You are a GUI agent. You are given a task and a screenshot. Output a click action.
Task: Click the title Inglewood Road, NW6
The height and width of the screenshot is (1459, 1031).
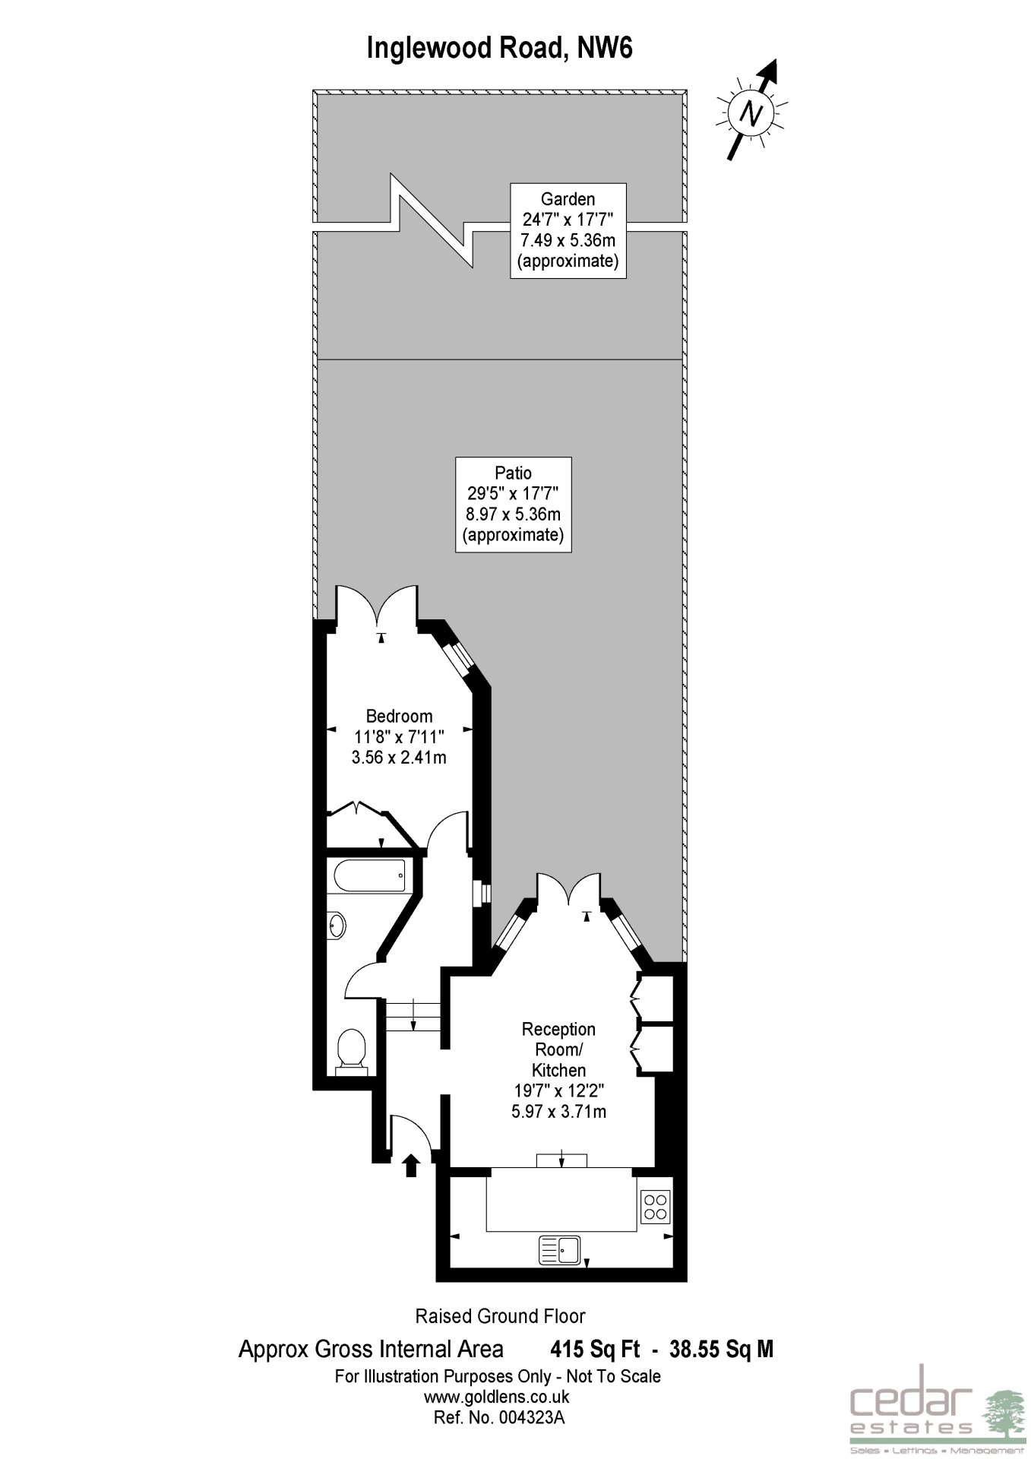(x=499, y=49)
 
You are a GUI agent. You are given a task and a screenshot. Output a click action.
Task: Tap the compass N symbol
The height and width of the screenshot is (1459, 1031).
(x=752, y=112)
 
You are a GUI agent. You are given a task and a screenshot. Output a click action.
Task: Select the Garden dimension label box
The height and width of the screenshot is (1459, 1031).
(x=568, y=230)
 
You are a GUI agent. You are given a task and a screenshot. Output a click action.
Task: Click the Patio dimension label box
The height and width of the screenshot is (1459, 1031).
(x=514, y=504)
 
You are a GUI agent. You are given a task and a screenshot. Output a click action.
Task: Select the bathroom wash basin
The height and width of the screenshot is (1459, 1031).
(x=337, y=926)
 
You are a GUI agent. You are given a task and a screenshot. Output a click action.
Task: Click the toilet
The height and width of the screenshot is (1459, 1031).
(x=352, y=1051)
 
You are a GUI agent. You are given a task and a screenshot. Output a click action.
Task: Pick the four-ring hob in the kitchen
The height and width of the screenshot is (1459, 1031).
(x=656, y=1205)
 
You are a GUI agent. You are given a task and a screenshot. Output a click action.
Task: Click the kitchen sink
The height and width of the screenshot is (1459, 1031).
(x=560, y=1249)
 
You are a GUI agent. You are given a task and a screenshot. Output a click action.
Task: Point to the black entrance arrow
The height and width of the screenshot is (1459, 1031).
(x=411, y=1165)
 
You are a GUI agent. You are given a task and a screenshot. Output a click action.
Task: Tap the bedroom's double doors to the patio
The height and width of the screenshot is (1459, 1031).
(x=377, y=606)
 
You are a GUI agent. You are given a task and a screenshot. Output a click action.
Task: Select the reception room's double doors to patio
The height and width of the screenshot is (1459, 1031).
(x=568, y=891)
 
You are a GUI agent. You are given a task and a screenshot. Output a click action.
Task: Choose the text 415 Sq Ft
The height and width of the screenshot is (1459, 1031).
(x=595, y=1349)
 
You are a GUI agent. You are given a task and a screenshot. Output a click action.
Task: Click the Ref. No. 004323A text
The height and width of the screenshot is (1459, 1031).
(x=499, y=1417)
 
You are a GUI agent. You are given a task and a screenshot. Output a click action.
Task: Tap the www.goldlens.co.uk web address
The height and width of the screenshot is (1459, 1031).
(x=497, y=1397)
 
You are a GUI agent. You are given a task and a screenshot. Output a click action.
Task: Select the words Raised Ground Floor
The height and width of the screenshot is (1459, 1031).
(x=500, y=1316)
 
